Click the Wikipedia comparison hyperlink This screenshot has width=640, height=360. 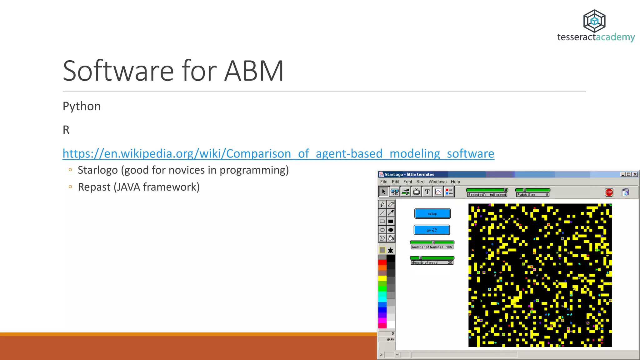278,154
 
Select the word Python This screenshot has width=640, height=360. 82,106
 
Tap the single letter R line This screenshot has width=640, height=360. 66,130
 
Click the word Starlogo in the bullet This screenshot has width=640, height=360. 97,170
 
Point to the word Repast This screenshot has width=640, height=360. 94,187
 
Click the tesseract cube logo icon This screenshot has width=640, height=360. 594,21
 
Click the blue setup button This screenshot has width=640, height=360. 432,214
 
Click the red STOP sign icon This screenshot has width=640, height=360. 609,192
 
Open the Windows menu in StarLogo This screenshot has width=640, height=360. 437,182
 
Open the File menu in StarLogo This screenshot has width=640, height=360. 383,182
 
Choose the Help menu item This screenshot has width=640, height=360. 455,182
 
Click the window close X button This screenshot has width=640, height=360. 635,174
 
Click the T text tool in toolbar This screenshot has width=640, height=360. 427,192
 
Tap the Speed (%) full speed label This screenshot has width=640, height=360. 487,195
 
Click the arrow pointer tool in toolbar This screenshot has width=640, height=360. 383,192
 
